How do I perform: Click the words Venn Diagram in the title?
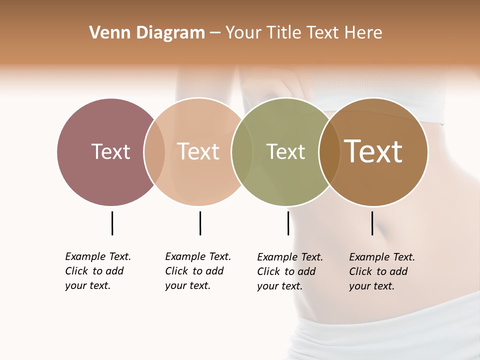[x=147, y=33]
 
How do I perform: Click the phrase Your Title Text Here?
[x=303, y=33]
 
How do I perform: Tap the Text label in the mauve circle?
[x=110, y=151]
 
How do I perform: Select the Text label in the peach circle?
[x=198, y=151]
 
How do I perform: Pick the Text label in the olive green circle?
[x=285, y=151]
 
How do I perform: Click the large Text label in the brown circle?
[x=373, y=151]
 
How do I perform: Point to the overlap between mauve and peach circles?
[x=154, y=152]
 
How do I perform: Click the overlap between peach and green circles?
[x=242, y=152]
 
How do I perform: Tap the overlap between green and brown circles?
[x=329, y=152]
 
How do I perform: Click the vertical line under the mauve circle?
[x=112, y=223]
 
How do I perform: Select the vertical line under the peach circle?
[x=200, y=223]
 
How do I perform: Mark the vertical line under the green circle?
[x=288, y=223]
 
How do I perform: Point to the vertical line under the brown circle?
[x=372, y=223]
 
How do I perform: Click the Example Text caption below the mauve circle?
[x=98, y=271]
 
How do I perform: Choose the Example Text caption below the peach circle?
[x=198, y=271]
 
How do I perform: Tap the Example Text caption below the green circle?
[x=290, y=271]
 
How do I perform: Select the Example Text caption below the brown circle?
[x=382, y=271]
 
